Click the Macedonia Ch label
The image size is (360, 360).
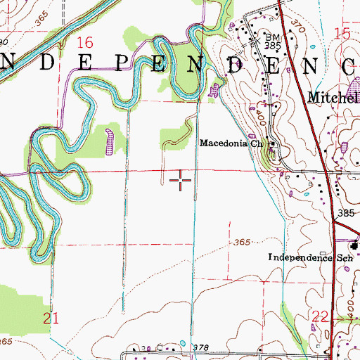(x=231, y=143)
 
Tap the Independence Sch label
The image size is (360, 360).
(x=309, y=258)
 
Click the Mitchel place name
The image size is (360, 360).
(x=332, y=96)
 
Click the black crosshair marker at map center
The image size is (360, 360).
(x=181, y=181)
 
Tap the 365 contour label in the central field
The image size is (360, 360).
(x=243, y=242)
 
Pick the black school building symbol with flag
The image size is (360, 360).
(x=355, y=245)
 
